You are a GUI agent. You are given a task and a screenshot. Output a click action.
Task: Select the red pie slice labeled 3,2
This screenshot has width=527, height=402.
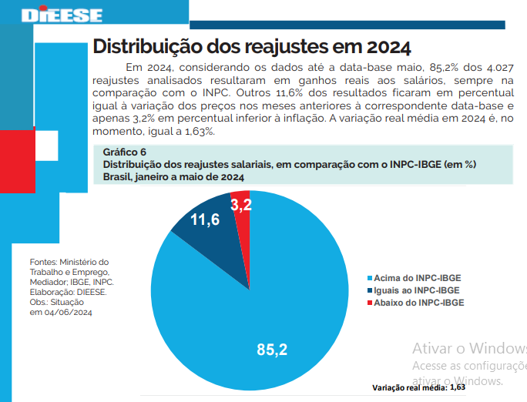240,206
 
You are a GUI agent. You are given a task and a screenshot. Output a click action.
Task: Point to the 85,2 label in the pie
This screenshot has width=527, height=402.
272,350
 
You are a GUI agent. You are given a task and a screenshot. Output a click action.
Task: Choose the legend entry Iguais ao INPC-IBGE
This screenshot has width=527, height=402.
418,290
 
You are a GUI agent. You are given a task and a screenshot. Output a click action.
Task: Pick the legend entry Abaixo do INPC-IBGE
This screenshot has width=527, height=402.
418,303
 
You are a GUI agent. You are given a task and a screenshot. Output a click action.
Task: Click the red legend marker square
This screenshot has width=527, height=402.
370,303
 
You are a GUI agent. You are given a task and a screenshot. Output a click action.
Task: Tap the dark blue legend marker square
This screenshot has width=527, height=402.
370,290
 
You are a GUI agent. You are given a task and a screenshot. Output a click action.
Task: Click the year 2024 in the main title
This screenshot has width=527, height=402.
378,45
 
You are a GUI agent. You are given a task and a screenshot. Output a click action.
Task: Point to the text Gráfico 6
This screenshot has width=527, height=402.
124,152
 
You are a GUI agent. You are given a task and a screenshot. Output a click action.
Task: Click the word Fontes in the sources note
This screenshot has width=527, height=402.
43,262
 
